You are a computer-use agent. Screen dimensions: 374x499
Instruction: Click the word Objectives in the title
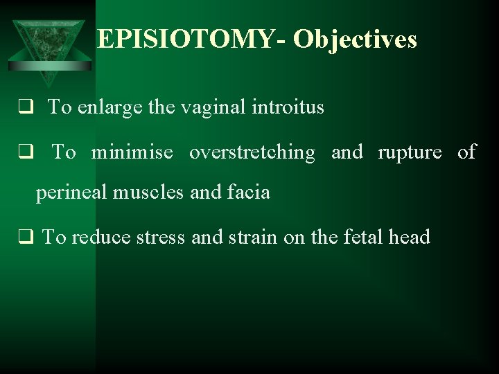click(x=355, y=39)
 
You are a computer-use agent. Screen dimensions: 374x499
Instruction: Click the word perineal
click(x=71, y=193)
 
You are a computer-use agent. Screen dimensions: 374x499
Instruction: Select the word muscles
click(x=150, y=193)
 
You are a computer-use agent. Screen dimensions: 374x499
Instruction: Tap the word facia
click(x=247, y=193)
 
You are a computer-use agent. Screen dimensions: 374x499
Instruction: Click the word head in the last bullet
click(x=410, y=238)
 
